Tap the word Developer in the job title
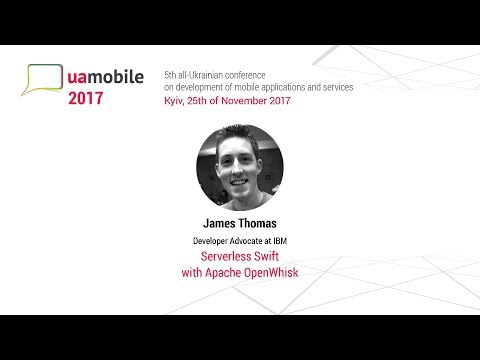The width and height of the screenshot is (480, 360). tap(214, 241)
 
